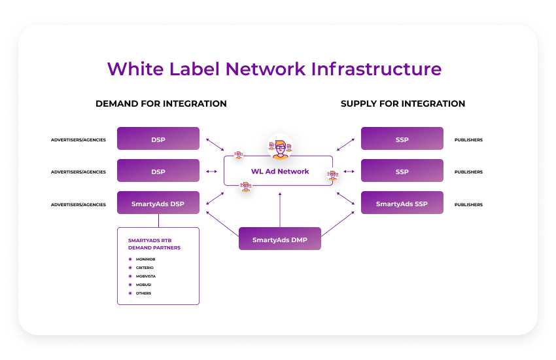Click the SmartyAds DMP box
coord(279,240)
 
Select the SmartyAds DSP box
coord(158,204)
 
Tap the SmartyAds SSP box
coord(402,204)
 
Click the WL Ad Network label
coord(279,171)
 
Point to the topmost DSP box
coord(158,139)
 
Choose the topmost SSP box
coord(402,139)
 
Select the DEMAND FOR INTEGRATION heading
coord(161,103)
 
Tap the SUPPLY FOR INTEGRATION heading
coord(403,103)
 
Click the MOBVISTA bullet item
coord(145,276)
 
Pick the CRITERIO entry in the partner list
coord(145,268)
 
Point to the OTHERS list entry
coord(143,293)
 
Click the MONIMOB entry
coord(145,259)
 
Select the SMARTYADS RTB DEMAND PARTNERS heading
coord(154,244)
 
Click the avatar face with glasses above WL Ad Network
coord(279,149)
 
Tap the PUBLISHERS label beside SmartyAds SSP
coord(468,205)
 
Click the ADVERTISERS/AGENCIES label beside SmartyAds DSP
coord(78,205)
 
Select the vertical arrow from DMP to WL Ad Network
coord(279,209)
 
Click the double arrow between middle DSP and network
coord(212,171)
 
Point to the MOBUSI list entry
coord(144,285)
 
